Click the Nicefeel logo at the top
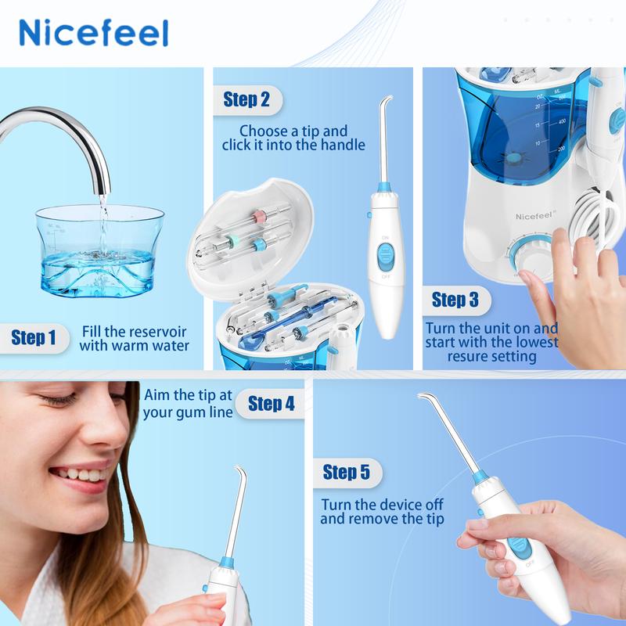(x=93, y=33)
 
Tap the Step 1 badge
(x=34, y=338)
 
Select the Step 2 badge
(x=246, y=99)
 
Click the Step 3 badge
(x=455, y=300)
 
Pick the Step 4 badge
(x=271, y=403)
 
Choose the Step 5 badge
(x=346, y=472)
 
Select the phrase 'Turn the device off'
(x=383, y=505)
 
